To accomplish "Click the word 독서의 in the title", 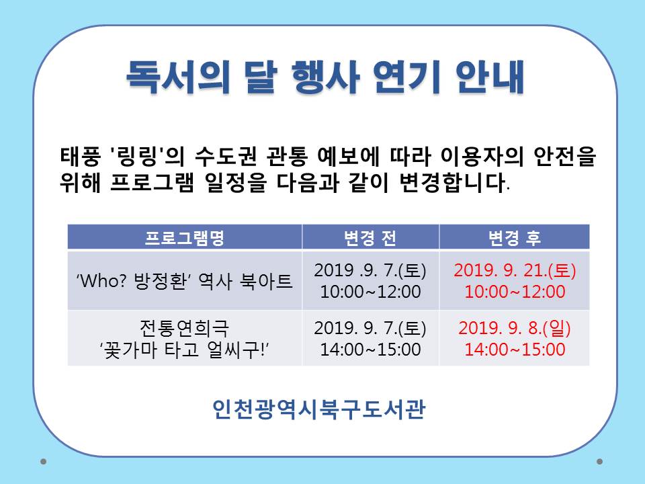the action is coord(177,77).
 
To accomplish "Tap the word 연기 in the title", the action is coord(406,77).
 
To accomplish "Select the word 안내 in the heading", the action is coord(490,77).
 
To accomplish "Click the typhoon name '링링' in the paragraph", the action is coord(137,157).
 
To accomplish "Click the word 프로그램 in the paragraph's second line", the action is coord(152,183).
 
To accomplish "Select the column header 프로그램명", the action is coord(185,238).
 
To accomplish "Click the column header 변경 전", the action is coord(370,238).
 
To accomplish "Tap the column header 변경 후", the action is coord(515,238).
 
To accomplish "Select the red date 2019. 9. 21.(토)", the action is coord(515,270).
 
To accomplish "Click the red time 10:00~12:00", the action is coord(515,292).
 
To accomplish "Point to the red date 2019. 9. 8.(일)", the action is coord(515,328).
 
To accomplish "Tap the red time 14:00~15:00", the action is coord(515,350).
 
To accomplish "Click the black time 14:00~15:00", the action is coord(370,350).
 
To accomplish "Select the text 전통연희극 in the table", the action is coord(184,328).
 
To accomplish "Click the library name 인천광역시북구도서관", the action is coord(318,409).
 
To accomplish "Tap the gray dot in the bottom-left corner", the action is coord(43,461).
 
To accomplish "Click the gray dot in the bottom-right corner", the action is coord(599,461).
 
